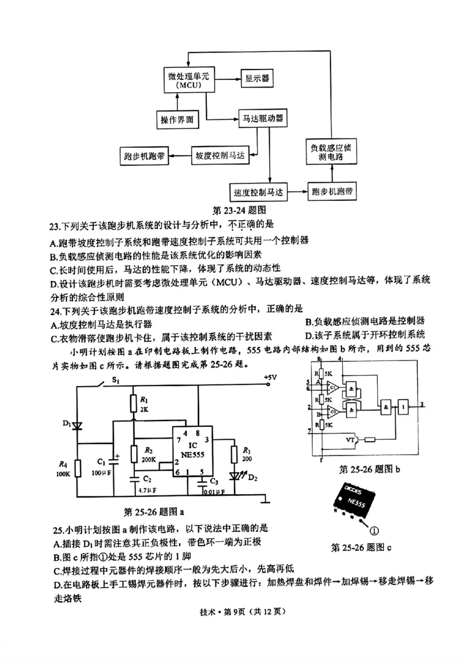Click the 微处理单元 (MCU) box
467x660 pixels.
coord(184,81)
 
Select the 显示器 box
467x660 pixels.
coord(257,78)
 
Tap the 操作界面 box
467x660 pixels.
coord(177,120)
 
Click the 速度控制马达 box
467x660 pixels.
coord(257,192)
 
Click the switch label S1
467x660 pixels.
coord(116,381)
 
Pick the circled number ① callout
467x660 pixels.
coord(374,530)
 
